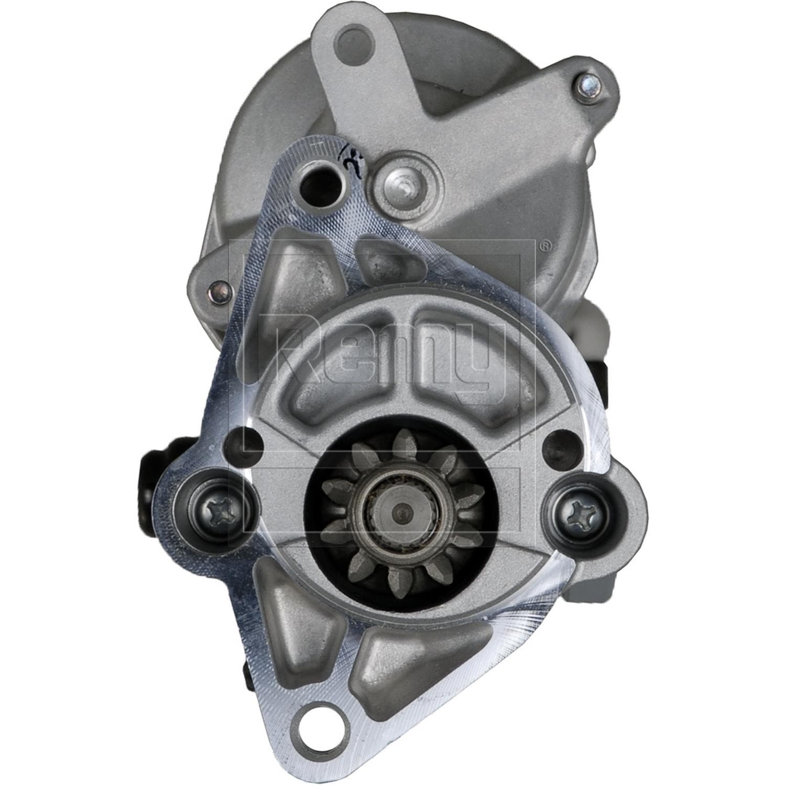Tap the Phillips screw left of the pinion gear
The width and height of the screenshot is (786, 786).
click(x=214, y=508)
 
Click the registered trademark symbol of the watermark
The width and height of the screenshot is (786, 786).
click(x=545, y=245)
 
